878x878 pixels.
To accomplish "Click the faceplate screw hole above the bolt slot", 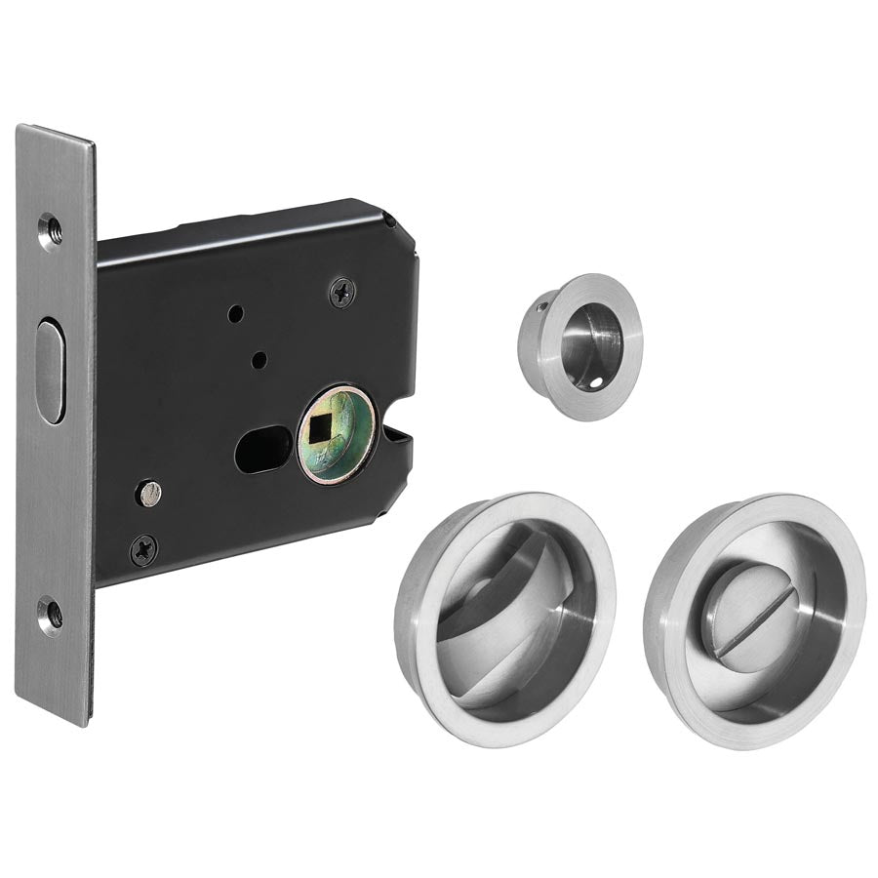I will (x=50, y=230).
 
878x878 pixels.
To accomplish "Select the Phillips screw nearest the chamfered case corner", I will (x=340, y=290).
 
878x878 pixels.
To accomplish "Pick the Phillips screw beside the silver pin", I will (x=143, y=549).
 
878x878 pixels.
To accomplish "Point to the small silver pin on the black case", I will (x=148, y=493).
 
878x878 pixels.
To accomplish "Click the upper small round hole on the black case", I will (x=234, y=314).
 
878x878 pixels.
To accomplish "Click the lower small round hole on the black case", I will (x=258, y=361).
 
